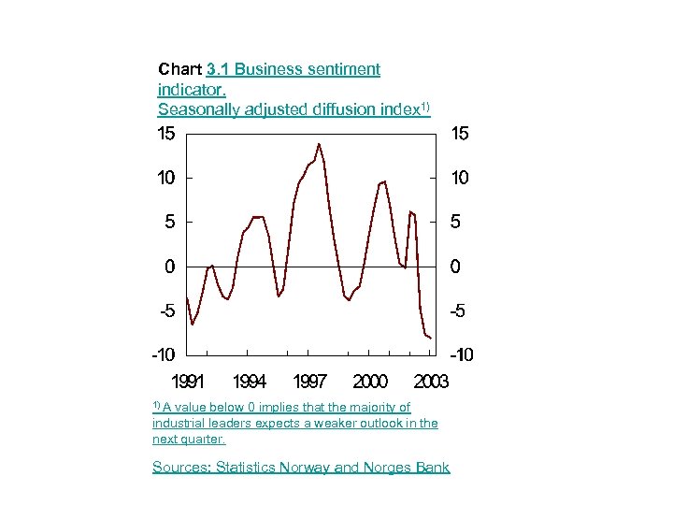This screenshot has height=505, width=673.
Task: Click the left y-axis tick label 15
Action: (x=165, y=134)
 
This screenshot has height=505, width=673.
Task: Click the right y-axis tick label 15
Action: (x=461, y=134)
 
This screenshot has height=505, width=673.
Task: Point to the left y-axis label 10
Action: (x=165, y=178)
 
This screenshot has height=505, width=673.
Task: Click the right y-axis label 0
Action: (x=455, y=267)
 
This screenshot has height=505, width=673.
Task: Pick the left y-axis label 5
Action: (x=169, y=223)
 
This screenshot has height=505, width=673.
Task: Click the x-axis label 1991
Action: (x=188, y=382)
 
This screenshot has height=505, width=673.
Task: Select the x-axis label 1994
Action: (x=249, y=382)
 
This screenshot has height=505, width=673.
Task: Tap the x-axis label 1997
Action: (x=309, y=382)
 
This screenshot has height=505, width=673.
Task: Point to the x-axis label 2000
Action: (x=370, y=382)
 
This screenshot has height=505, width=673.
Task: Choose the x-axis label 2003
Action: (x=430, y=382)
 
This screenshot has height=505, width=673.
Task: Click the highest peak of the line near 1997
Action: (x=319, y=144)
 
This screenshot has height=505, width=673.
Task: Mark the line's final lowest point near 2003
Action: (x=430, y=338)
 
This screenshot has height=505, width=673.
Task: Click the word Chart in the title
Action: (x=179, y=69)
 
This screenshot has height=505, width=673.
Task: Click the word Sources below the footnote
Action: (x=181, y=468)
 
